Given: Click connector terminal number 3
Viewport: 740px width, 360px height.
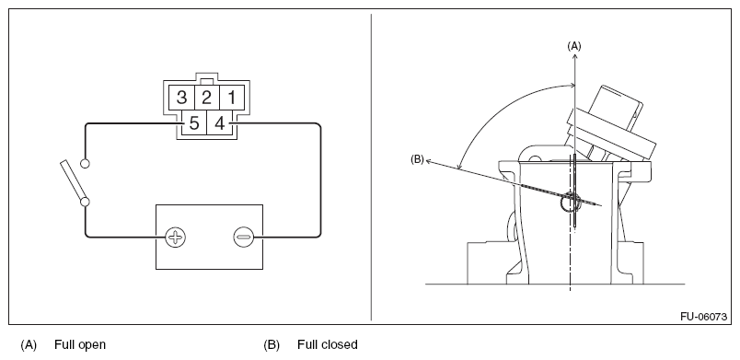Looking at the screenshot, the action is (181, 98).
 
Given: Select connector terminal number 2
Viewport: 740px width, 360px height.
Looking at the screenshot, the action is (206, 98).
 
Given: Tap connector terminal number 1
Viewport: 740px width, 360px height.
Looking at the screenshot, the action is (232, 98).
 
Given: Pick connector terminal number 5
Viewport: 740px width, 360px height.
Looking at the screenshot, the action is (194, 123).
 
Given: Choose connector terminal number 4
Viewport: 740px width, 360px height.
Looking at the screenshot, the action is (219, 123).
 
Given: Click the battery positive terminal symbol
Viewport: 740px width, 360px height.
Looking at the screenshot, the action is (176, 237).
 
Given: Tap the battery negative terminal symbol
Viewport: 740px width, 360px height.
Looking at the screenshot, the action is (244, 237).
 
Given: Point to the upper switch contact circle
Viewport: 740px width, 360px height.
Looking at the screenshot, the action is (85, 163).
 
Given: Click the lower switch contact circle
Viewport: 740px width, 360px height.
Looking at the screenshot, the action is (85, 202).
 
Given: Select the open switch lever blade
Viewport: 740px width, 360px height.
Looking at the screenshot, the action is (74, 180).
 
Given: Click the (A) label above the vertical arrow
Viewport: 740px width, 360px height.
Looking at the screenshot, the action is (574, 46).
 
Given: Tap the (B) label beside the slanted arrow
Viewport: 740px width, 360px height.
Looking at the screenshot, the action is (417, 159).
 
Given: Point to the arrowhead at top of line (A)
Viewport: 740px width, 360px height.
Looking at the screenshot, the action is (575, 55).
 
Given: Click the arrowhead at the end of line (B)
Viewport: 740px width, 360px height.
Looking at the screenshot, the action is (429, 161).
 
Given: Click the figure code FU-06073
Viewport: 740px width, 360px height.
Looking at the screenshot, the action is (703, 317).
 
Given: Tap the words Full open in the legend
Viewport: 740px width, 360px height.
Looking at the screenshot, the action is (80, 345).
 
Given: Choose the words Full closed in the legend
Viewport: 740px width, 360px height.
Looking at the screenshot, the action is (327, 345).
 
